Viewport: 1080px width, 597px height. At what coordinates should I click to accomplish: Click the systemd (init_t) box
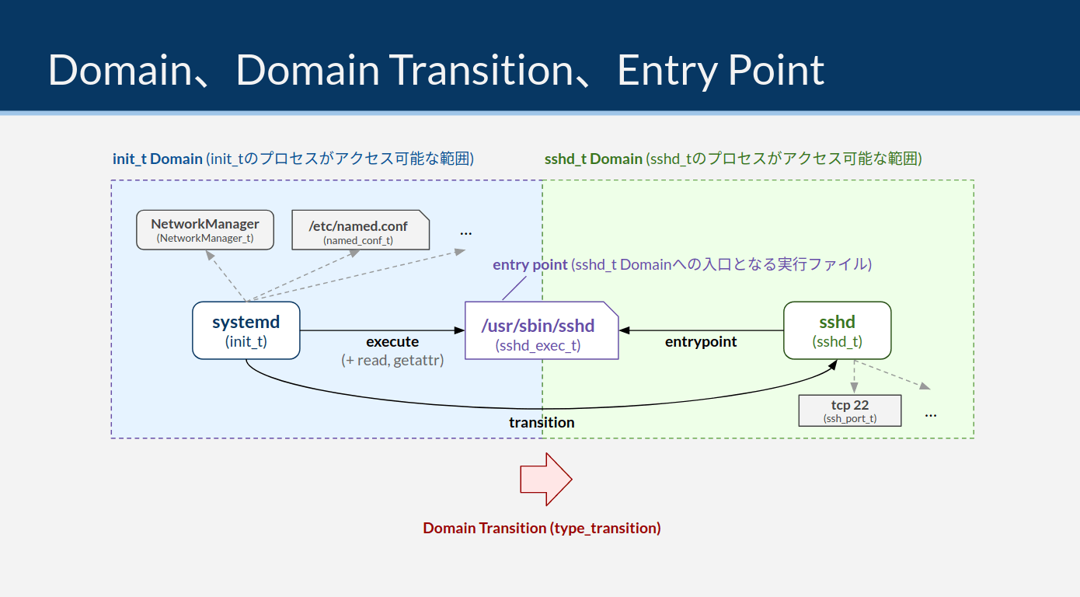click(x=246, y=330)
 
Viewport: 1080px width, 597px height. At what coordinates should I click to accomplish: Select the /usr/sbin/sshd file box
click(x=542, y=330)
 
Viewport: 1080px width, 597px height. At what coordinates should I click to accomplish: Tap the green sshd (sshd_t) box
click(x=837, y=330)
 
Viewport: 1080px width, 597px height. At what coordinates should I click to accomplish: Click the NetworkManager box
click(x=205, y=229)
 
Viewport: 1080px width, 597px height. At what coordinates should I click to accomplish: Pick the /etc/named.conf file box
click(x=360, y=230)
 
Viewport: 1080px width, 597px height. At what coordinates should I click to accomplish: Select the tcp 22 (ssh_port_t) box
click(x=849, y=410)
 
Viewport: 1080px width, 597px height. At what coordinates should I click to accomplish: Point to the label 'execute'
click(x=392, y=341)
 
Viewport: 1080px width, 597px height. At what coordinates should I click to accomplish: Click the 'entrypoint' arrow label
click(x=701, y=341)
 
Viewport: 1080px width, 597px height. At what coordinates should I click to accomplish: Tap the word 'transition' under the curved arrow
click(x=542, y=422)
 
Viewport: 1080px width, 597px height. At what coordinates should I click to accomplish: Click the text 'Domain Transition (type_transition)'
click(x=542, y=528)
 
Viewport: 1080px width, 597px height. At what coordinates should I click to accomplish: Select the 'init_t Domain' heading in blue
click(x=158, y=159)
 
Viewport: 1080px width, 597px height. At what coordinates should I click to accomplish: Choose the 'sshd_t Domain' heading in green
click(x=594, y=159)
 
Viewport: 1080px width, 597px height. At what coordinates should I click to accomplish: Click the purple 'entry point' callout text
click(x=530, y=264)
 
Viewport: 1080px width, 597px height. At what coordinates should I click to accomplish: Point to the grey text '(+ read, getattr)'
click(x=392, y=360)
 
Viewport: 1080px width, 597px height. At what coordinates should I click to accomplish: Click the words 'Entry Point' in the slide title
click(x=720, y=70)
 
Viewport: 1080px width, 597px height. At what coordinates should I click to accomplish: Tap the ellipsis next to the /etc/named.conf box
click(x=466, y=232)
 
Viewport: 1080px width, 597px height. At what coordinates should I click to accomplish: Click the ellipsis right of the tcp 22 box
click(x=930, y=414)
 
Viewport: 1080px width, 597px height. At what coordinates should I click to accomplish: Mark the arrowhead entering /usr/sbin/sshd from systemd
click(x=458, y=330)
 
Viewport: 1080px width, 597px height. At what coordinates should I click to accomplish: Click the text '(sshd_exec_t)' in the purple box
click(x=538, y=346)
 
